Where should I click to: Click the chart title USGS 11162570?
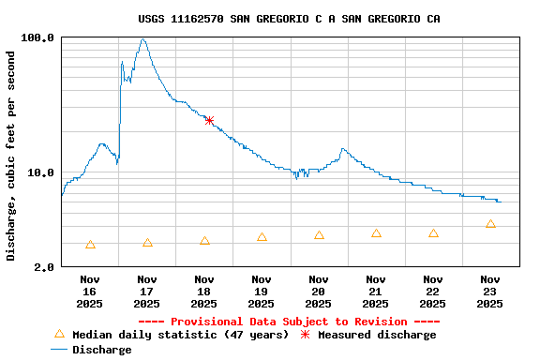click(289, 19)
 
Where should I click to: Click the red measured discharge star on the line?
click(209, 120)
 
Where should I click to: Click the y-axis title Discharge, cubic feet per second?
click(11, 156)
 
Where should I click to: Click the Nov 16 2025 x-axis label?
click(90, 291)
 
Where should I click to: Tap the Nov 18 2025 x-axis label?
click(203, 291)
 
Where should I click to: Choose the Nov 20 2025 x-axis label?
click(319, 291)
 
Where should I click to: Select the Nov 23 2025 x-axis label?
click(489, 291)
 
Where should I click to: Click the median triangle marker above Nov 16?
click(90, 245)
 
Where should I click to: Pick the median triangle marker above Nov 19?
click(262, 237)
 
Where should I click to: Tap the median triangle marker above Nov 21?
click(376, 233)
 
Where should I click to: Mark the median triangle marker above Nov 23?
click(490, 224)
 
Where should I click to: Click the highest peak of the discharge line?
click(142, 39)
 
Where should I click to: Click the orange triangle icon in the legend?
click(59, 334)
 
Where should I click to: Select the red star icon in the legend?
click(305, 334)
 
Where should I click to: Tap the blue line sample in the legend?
click(59, 349)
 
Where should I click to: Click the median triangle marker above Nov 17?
click(147, 243)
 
